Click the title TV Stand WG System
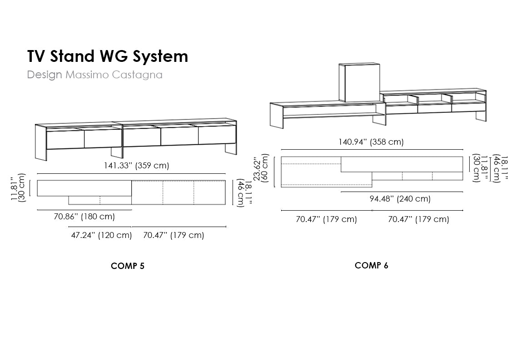click(107, 56)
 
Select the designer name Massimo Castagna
click(114, 75)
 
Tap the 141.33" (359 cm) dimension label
click(136, 166)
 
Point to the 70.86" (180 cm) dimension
click(84, 217)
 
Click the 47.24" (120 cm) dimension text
click(101, 235)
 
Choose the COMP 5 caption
click(128, 266)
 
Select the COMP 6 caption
click(372, 265)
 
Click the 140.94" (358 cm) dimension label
click(371, 142)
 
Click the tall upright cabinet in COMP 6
click(359, 83)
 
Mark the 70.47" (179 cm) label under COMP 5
click(174, 235)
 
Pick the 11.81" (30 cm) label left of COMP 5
click(18, 187)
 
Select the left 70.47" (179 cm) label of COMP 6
click(326, 219)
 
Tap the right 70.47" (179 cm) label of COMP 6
click(418, 219)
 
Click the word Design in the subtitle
click(44, 75)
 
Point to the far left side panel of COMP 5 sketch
click(41, 142)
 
